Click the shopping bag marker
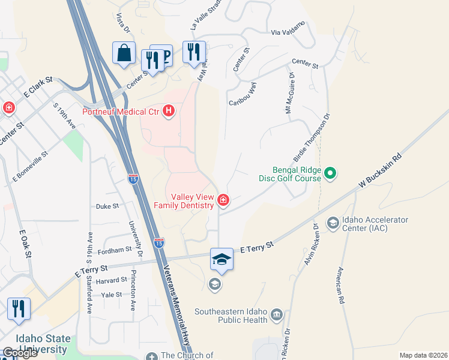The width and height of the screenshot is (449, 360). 124,53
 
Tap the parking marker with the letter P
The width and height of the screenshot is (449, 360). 163,55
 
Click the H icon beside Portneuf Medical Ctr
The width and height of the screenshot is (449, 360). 169,111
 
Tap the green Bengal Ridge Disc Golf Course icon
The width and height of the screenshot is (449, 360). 330,174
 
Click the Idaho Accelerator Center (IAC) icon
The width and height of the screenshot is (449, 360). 332,224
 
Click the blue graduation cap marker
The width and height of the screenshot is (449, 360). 221,259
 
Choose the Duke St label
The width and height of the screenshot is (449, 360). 107,205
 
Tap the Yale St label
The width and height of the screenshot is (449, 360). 112,295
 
